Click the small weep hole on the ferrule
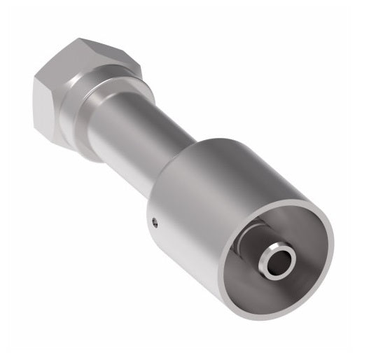tap(156, 223)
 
